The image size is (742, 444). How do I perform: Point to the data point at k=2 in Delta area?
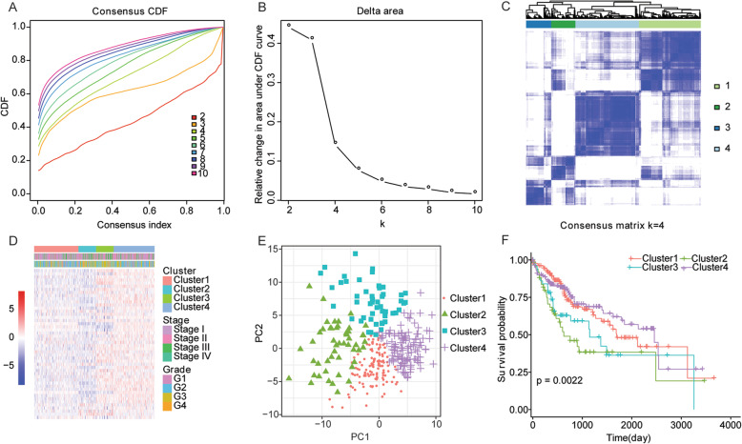pyautogui.click(x=289, y=26)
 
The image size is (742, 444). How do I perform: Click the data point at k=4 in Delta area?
pyautogui.click(x=336, y=143)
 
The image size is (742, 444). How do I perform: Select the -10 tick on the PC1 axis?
pyautogui.click(x=324, y=422)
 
